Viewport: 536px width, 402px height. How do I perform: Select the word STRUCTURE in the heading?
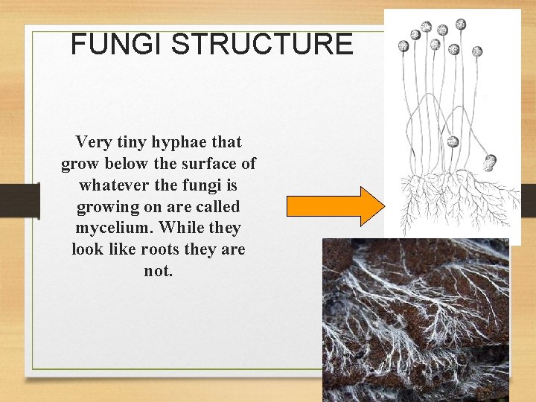[x=261, y=45]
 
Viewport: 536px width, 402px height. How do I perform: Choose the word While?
[x=172, y=228]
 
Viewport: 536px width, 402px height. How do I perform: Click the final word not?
[x=158, y=271]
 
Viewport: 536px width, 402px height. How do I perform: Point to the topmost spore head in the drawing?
[x=461, y=24]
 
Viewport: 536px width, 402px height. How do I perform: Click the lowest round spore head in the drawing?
[x=491, y=159]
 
